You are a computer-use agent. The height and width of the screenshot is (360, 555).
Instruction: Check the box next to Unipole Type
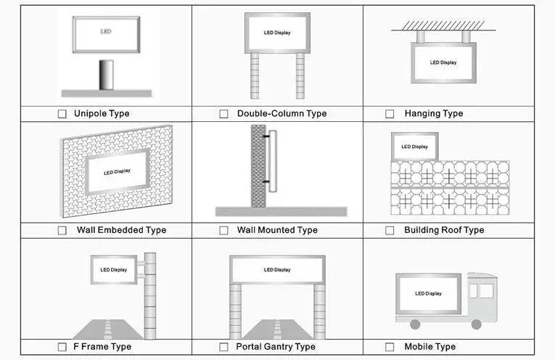[62, 114]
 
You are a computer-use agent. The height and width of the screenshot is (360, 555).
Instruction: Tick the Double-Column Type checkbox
[223, 114]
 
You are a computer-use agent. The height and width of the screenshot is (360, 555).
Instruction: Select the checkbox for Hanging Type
[390, 114]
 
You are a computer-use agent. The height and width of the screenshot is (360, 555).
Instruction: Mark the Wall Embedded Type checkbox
[62, 231]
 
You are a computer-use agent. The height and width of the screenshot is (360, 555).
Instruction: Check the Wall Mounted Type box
[223, 231]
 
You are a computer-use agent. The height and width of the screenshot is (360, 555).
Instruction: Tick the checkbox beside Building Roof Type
[390, 231]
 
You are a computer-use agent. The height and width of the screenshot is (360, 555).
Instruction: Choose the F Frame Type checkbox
[62, 347]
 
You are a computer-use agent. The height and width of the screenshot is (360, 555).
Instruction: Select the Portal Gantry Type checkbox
[223, 347]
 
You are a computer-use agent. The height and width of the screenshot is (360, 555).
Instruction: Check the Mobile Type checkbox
[390, 347]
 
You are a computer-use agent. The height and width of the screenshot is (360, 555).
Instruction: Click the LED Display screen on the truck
[428, 293]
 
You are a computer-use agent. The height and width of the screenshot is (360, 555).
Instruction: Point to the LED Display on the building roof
[414, 147]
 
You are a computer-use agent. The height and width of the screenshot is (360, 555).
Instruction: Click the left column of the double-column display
[254, 75]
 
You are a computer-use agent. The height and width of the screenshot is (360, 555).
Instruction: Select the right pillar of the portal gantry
[319, 311]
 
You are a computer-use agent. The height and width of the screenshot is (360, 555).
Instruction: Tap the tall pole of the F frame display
[150, 293]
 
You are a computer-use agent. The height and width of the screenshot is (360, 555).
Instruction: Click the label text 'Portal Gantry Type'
[276, 347]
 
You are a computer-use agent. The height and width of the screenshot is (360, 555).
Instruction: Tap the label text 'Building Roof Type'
[444, 231]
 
